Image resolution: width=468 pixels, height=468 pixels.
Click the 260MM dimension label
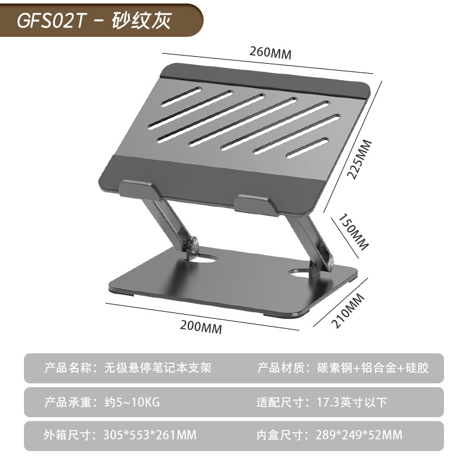270,51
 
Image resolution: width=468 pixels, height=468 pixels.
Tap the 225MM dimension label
364,160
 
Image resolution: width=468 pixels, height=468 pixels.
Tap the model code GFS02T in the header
53,21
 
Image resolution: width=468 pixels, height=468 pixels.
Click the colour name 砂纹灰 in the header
144,21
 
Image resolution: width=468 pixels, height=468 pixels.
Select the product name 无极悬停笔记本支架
157,368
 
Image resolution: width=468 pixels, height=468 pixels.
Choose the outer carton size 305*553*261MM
150,435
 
